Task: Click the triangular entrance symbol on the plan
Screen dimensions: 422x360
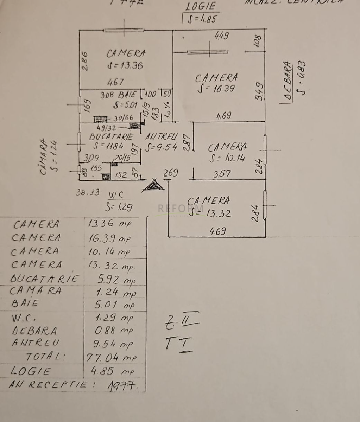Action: pyautogui.click(x=153, y=185)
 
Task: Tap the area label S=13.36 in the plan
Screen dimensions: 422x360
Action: pyautogui.click(x=125, y=66)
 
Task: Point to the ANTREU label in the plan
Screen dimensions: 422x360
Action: pyautogui.click(x=162, y=137)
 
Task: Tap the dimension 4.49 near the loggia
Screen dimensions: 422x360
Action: pyautogui.click(x=222, y=36)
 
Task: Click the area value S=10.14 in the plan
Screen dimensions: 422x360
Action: pyautogui.click(x=227, y=158)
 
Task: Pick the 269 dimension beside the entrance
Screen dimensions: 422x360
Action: pyautogui.click(x=171, y=173)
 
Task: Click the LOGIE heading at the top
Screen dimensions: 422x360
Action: pyautogui.click(x=201, y=7)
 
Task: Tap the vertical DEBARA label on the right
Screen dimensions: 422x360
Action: pyautogui.click(x=289, y=82)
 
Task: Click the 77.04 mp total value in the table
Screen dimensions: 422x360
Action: pyautogui.click(x=111, y=357)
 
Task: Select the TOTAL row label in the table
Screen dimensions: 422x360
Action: pyautogui.click(x=46, y=357)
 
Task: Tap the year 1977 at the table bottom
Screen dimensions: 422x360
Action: pyautogui.click(x=121, y=385)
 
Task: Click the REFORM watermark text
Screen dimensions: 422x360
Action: pyautogui.click(x=181, y=209)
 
